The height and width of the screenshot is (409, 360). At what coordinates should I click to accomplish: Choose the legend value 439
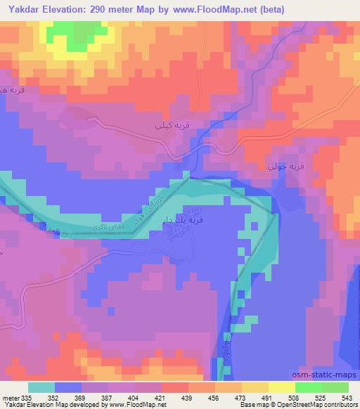pos(188,397)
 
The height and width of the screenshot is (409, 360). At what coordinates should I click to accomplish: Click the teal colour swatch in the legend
pos(41,387)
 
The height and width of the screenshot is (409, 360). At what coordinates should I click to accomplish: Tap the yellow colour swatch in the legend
pos(281,387)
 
